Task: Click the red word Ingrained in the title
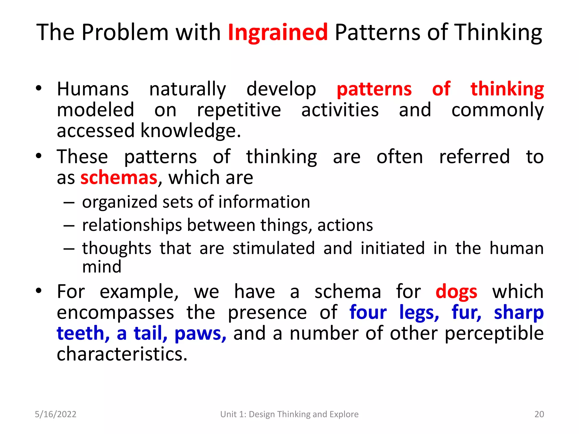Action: point(278,32)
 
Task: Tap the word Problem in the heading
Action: point(125,32)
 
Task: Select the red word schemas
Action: point(119,178)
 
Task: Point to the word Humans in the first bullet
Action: point(93,89)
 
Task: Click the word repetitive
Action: point(239,110)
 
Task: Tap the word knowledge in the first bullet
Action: point(191,131)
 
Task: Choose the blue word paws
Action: point(200,334)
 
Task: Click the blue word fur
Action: point(466,313)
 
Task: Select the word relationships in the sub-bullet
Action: point(132,225)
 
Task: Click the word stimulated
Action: point(273,248)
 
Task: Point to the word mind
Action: point(102,267)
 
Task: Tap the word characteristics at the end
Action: point(122,355)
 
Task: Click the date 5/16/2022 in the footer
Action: point(55,414)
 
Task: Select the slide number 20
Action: point(539,414)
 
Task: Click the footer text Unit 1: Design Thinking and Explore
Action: point(289,414)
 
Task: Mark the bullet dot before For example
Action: point(39,290)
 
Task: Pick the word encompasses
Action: point(115,313)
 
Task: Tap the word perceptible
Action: point(494,334)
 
